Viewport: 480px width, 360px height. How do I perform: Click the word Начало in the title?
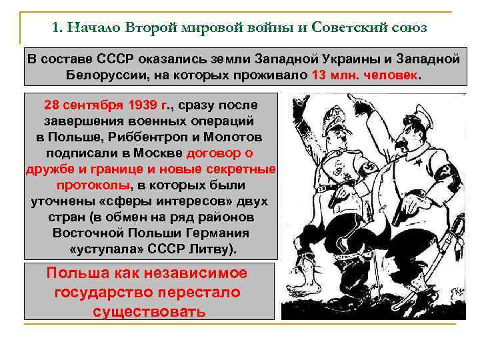[x=92, y=28]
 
